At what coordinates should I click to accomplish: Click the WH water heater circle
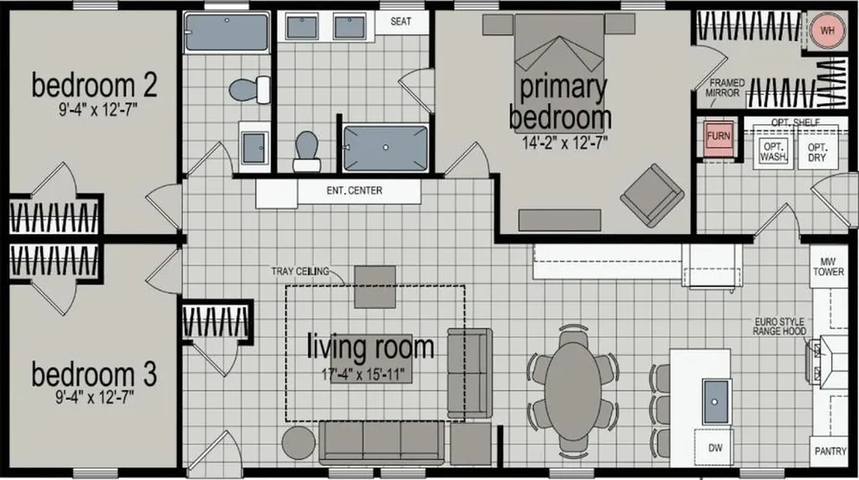tap(827, 31)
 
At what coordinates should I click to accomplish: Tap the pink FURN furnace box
tap(718, 136)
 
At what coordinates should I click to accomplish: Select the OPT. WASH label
tap(773, 151)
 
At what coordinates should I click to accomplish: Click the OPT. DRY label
tap(817, 153)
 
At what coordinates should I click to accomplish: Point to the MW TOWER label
tap(828, 267)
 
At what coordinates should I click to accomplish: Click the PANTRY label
tap(830, 451)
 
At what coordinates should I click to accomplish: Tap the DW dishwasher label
tap(716, 447)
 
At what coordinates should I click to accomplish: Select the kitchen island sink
tap(716, 402)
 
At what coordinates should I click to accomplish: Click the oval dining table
tap(573, 391)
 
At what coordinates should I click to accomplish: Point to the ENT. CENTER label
tap(355, 190)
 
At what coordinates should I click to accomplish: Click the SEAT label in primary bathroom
tap(400, 21)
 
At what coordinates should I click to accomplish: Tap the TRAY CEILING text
tap(300, 271)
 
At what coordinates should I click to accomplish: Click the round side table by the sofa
tap(299, 443)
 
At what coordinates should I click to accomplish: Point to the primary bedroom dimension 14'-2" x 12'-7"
tap(565, 143)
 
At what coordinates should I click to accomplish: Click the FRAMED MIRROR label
tap(726, 87)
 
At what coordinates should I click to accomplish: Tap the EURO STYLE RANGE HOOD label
tap(779, 326)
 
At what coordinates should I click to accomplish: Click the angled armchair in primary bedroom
tap(652, 195)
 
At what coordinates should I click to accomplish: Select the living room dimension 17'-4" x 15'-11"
tap(362, 375)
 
